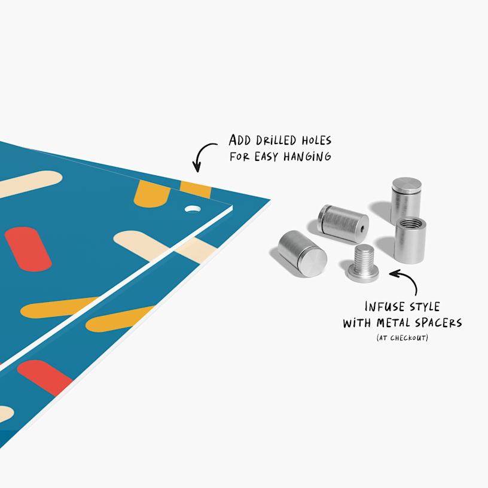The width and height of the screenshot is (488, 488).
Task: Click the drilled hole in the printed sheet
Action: point(193,209)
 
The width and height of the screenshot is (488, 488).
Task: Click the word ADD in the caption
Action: point(241,141)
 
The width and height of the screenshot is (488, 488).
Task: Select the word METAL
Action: point(404,324)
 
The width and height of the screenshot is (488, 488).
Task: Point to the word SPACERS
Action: point(444,324)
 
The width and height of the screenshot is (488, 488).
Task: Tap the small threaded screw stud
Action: point(362,264)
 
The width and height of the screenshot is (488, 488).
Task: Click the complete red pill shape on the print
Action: point(28,249)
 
